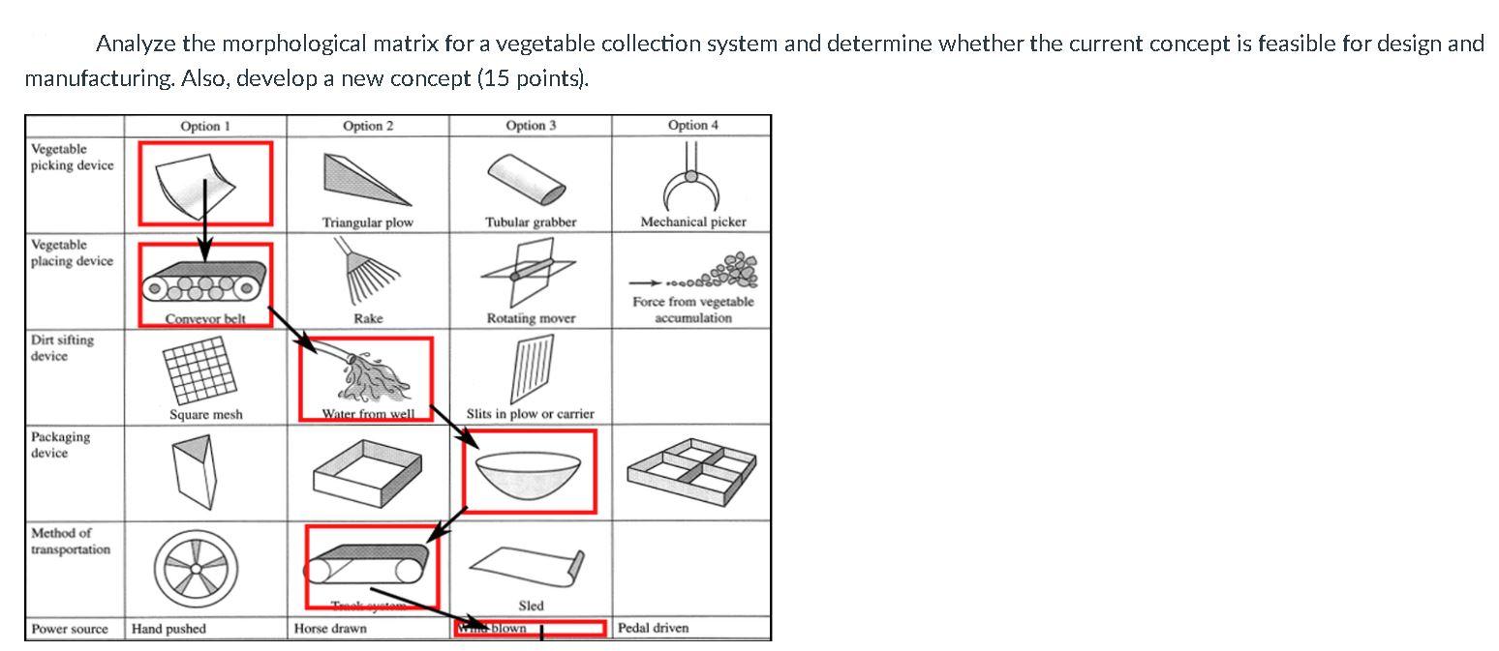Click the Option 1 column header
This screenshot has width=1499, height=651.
[205, 126]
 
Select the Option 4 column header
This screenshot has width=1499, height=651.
[692, 126]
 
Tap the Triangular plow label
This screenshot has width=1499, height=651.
[367, 222]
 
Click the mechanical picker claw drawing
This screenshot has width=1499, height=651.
[692, 179]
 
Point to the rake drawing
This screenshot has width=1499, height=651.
[367, 274]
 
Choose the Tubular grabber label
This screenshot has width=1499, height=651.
[531, 222]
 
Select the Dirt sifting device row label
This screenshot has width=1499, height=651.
[63, 348]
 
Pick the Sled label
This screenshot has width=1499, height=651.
[531, 606]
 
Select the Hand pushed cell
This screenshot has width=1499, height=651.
[169, 629]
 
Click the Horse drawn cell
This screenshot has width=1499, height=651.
[330, 629]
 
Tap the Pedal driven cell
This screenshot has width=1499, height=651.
[654, 628]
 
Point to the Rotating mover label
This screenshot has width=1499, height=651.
[531, 318]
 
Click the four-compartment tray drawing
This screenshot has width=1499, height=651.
[691, 469]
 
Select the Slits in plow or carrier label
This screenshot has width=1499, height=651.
[531, 414]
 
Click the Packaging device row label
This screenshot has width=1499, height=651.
[60, 445]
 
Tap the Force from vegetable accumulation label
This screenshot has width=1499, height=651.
[692, 310]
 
